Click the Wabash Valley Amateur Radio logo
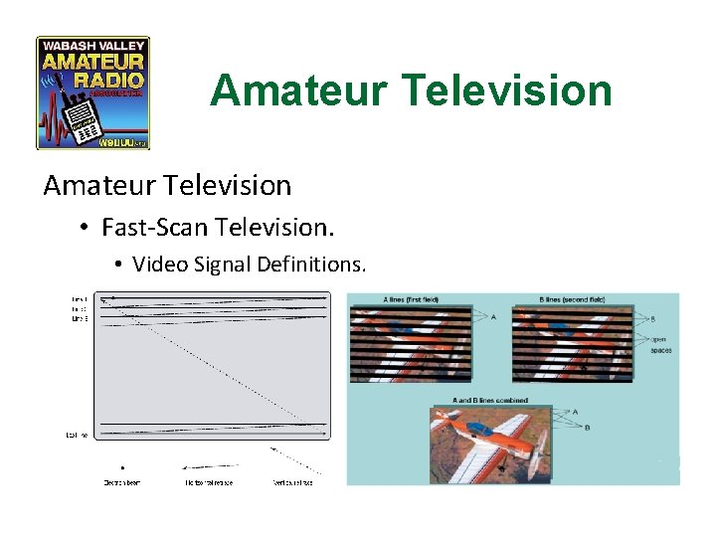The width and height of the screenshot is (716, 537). (x=92, y=92)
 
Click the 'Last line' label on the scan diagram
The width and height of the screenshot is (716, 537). (x=78, y=435)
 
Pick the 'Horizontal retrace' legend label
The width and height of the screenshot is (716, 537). (x=207, y=481)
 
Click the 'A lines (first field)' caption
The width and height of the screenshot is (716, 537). (x=411, y=299)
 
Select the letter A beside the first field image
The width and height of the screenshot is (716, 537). (x=493, y=317)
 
